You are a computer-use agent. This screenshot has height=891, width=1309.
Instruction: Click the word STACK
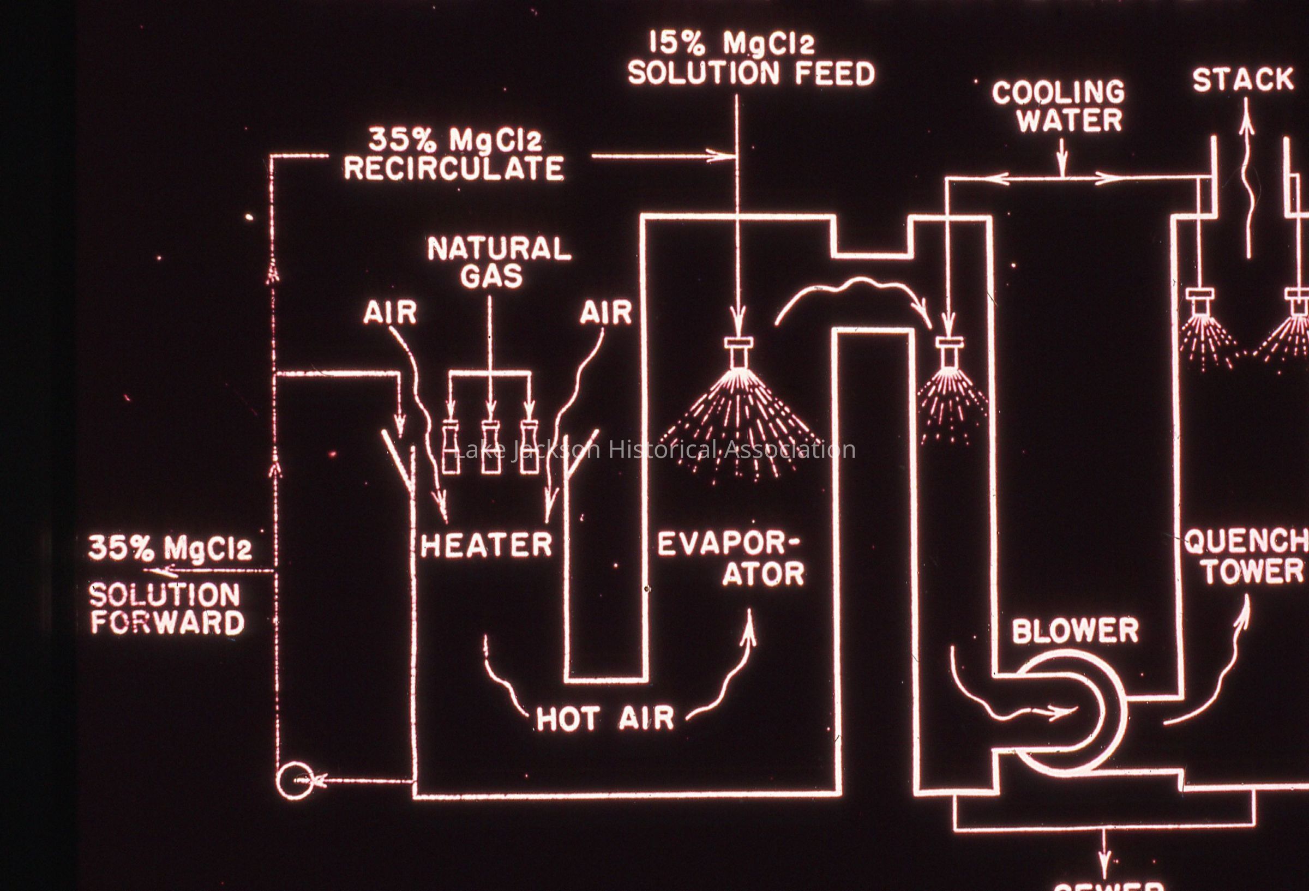pyautogui.click(x=1242, y=80)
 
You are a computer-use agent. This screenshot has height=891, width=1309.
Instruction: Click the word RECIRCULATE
pyautogui.click(x=454, y=168)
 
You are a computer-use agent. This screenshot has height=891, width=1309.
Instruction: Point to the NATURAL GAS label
pyautogui.click(x=499, y=262)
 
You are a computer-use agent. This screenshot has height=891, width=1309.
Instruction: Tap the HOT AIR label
pyautogui.click(x=605, y=718)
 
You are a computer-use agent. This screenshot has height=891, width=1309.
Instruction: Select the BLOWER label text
pyautogui.click(x=1074, y=630)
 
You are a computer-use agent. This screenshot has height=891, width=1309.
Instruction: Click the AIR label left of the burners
pyautogui.click(x=390, y=313)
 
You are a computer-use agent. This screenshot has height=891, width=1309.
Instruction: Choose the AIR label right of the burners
pyautogui.click(x=606, y=313)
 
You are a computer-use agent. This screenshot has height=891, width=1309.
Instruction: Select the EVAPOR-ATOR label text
pyautogui.click(x=731, y=559)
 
